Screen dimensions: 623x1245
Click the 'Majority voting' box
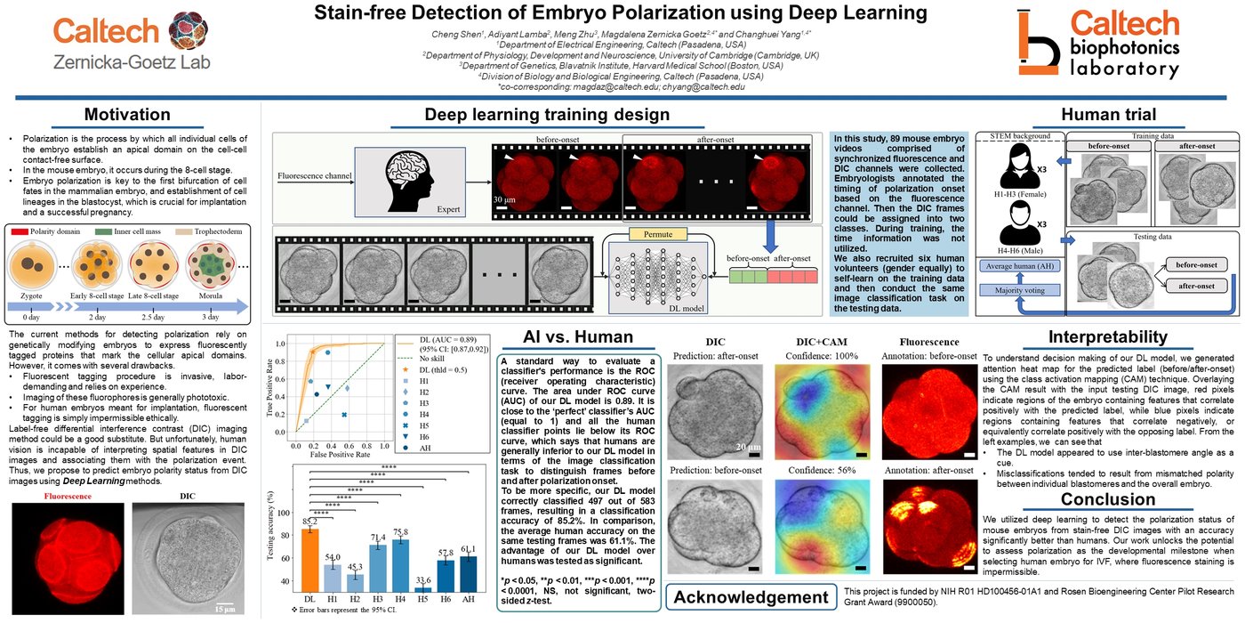coord(1019,288)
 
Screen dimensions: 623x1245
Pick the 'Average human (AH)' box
coord(1019,265)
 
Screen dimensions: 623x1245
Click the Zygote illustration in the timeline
coord(28,268)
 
